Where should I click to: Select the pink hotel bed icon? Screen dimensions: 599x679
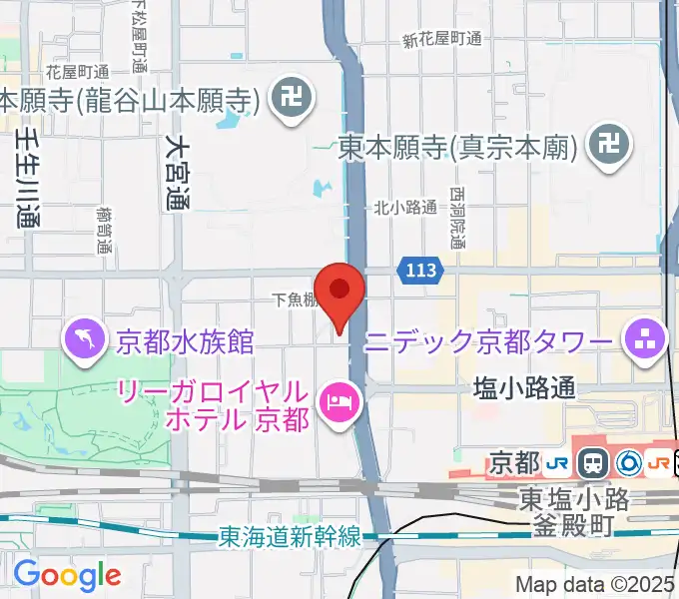[339, 402]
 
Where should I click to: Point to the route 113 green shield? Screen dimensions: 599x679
[420, 269]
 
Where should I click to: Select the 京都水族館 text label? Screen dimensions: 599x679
[185, 342]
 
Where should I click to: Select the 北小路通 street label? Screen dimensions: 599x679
[405, 208]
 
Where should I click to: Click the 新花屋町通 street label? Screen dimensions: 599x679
[441, 40]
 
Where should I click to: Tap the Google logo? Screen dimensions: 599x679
[67, 576]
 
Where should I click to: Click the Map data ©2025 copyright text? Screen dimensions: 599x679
[594, 584]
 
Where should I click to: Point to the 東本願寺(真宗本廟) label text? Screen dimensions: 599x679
[457, 148]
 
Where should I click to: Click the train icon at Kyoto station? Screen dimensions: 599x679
[594, 462]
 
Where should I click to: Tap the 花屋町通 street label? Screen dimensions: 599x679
[77, 72]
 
